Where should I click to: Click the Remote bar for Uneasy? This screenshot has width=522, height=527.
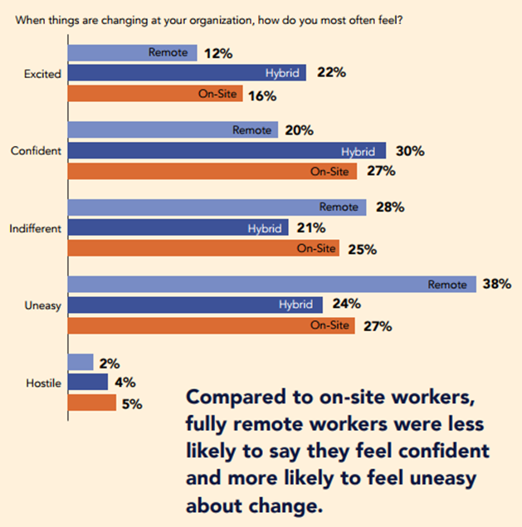pyautogui.click(x=271, y=285)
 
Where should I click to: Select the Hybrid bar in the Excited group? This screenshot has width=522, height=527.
pyautogui.click(x=187, y=73)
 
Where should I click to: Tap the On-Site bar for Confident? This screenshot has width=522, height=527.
pyautogui.click(x=212, y=172)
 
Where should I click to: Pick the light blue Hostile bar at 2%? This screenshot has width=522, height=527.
pyautogui.click(x=80, y=363)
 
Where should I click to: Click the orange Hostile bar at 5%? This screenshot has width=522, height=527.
pyautogui.click(x=92, y=403)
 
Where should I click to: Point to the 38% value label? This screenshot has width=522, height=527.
pyautogui.click(x=496, y=285)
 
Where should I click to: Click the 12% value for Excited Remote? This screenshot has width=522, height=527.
pyautogui.click(x=218, y=54)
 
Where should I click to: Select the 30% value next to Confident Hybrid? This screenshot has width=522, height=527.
pyautogui.click(x=410, y=151)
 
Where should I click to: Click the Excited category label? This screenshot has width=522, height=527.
pyautogui.click(x=43, y=74)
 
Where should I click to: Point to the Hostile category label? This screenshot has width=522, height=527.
pyautogui.click(x=44, y=383)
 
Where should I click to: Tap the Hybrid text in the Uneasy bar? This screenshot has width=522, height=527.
pyautogui.click(x=297, y=305)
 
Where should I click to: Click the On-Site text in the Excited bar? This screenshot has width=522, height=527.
pyautogui.click(x=217, y=95)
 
